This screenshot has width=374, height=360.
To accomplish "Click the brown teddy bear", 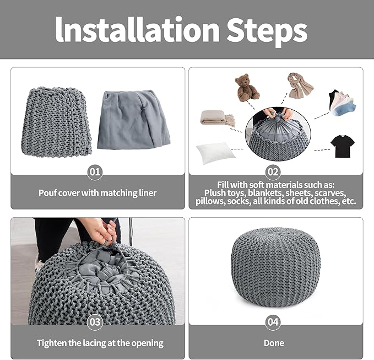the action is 246,88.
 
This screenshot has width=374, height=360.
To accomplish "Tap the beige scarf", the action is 300,85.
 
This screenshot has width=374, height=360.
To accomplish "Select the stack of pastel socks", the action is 342,103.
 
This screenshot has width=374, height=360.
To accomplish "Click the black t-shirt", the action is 343,146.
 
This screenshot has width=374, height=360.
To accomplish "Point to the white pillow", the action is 215,153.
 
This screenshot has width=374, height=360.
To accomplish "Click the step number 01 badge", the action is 95,172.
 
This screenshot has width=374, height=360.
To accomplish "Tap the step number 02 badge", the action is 273,172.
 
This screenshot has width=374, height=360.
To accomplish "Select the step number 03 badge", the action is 95,322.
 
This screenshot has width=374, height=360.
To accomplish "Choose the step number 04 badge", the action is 273,322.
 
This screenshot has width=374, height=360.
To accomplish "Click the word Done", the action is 274,343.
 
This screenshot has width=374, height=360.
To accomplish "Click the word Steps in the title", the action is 267,30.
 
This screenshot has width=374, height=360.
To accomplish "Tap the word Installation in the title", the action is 137,29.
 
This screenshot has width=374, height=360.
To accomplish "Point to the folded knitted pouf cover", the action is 56,122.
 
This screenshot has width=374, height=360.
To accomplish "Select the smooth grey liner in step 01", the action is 133,120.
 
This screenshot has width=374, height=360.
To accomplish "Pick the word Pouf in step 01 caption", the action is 46,193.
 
